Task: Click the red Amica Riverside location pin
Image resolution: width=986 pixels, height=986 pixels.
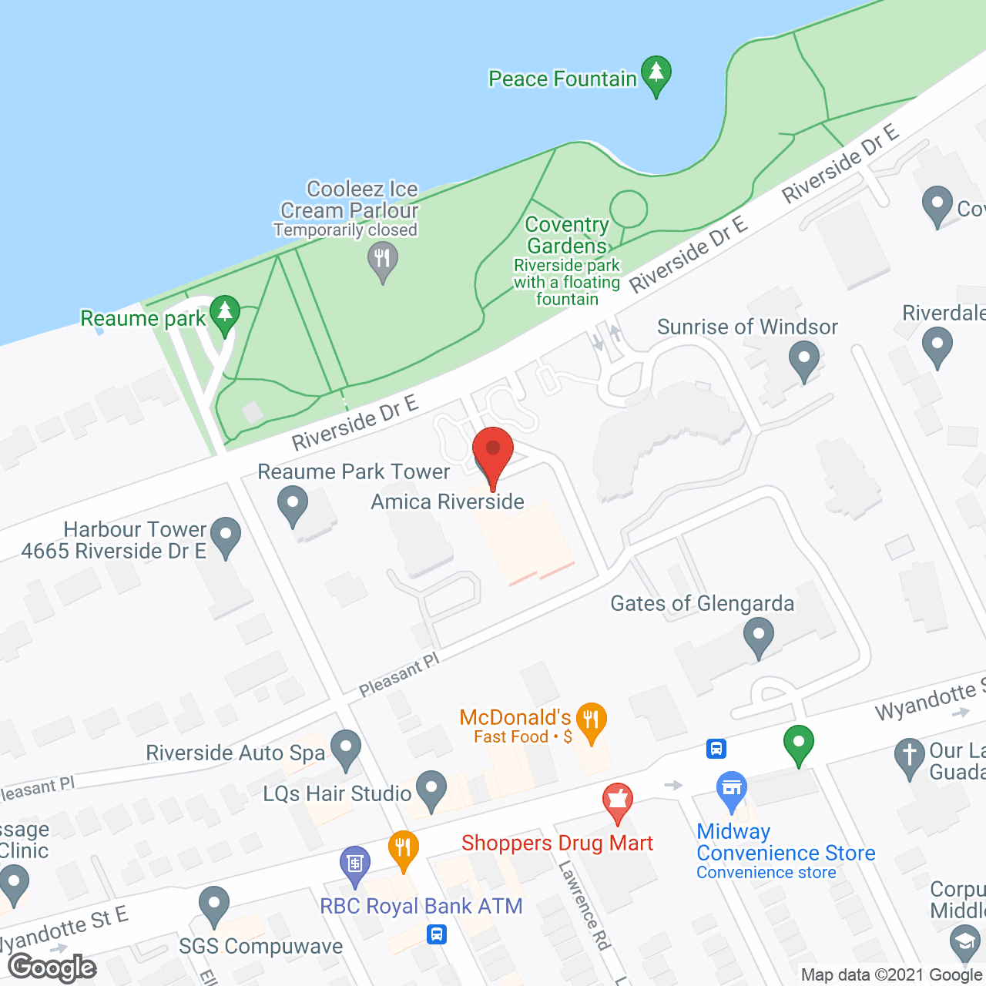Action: pyautogui.click(x=492, y=451)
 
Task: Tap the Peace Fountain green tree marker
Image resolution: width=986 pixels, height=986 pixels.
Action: pyautogui.click(x=656, y=73)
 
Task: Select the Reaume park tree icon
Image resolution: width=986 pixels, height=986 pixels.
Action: pyautogui.click(x=224, y=313)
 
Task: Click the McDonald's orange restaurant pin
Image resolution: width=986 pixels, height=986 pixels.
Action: pyautogui.click(x=592, y=721)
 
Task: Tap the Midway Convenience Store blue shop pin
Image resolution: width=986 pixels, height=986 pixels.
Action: pyautogui.click(x=731, y=789)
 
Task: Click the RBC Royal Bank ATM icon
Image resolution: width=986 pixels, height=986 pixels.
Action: pyautogui.click(x=354, y=863)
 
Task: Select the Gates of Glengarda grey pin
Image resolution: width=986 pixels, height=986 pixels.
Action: pyautogui.click(x=759, y=637)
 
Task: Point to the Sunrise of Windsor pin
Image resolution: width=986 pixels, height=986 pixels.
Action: pyautogui.click(x=804, y=359)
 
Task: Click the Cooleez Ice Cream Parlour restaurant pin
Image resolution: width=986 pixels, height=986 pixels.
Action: pyautogui.click(x=382, y=259)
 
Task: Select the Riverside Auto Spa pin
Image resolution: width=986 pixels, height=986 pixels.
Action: pyautogui.click(x=346, y=747)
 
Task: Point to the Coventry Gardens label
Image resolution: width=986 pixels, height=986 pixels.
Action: pyautogui.click(x=567, y=235)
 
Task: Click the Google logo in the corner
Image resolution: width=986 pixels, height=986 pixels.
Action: pyautogui.click(x=52, y=968)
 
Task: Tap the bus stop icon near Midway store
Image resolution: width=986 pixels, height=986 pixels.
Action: pyautogui.click(x=716, y=748)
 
